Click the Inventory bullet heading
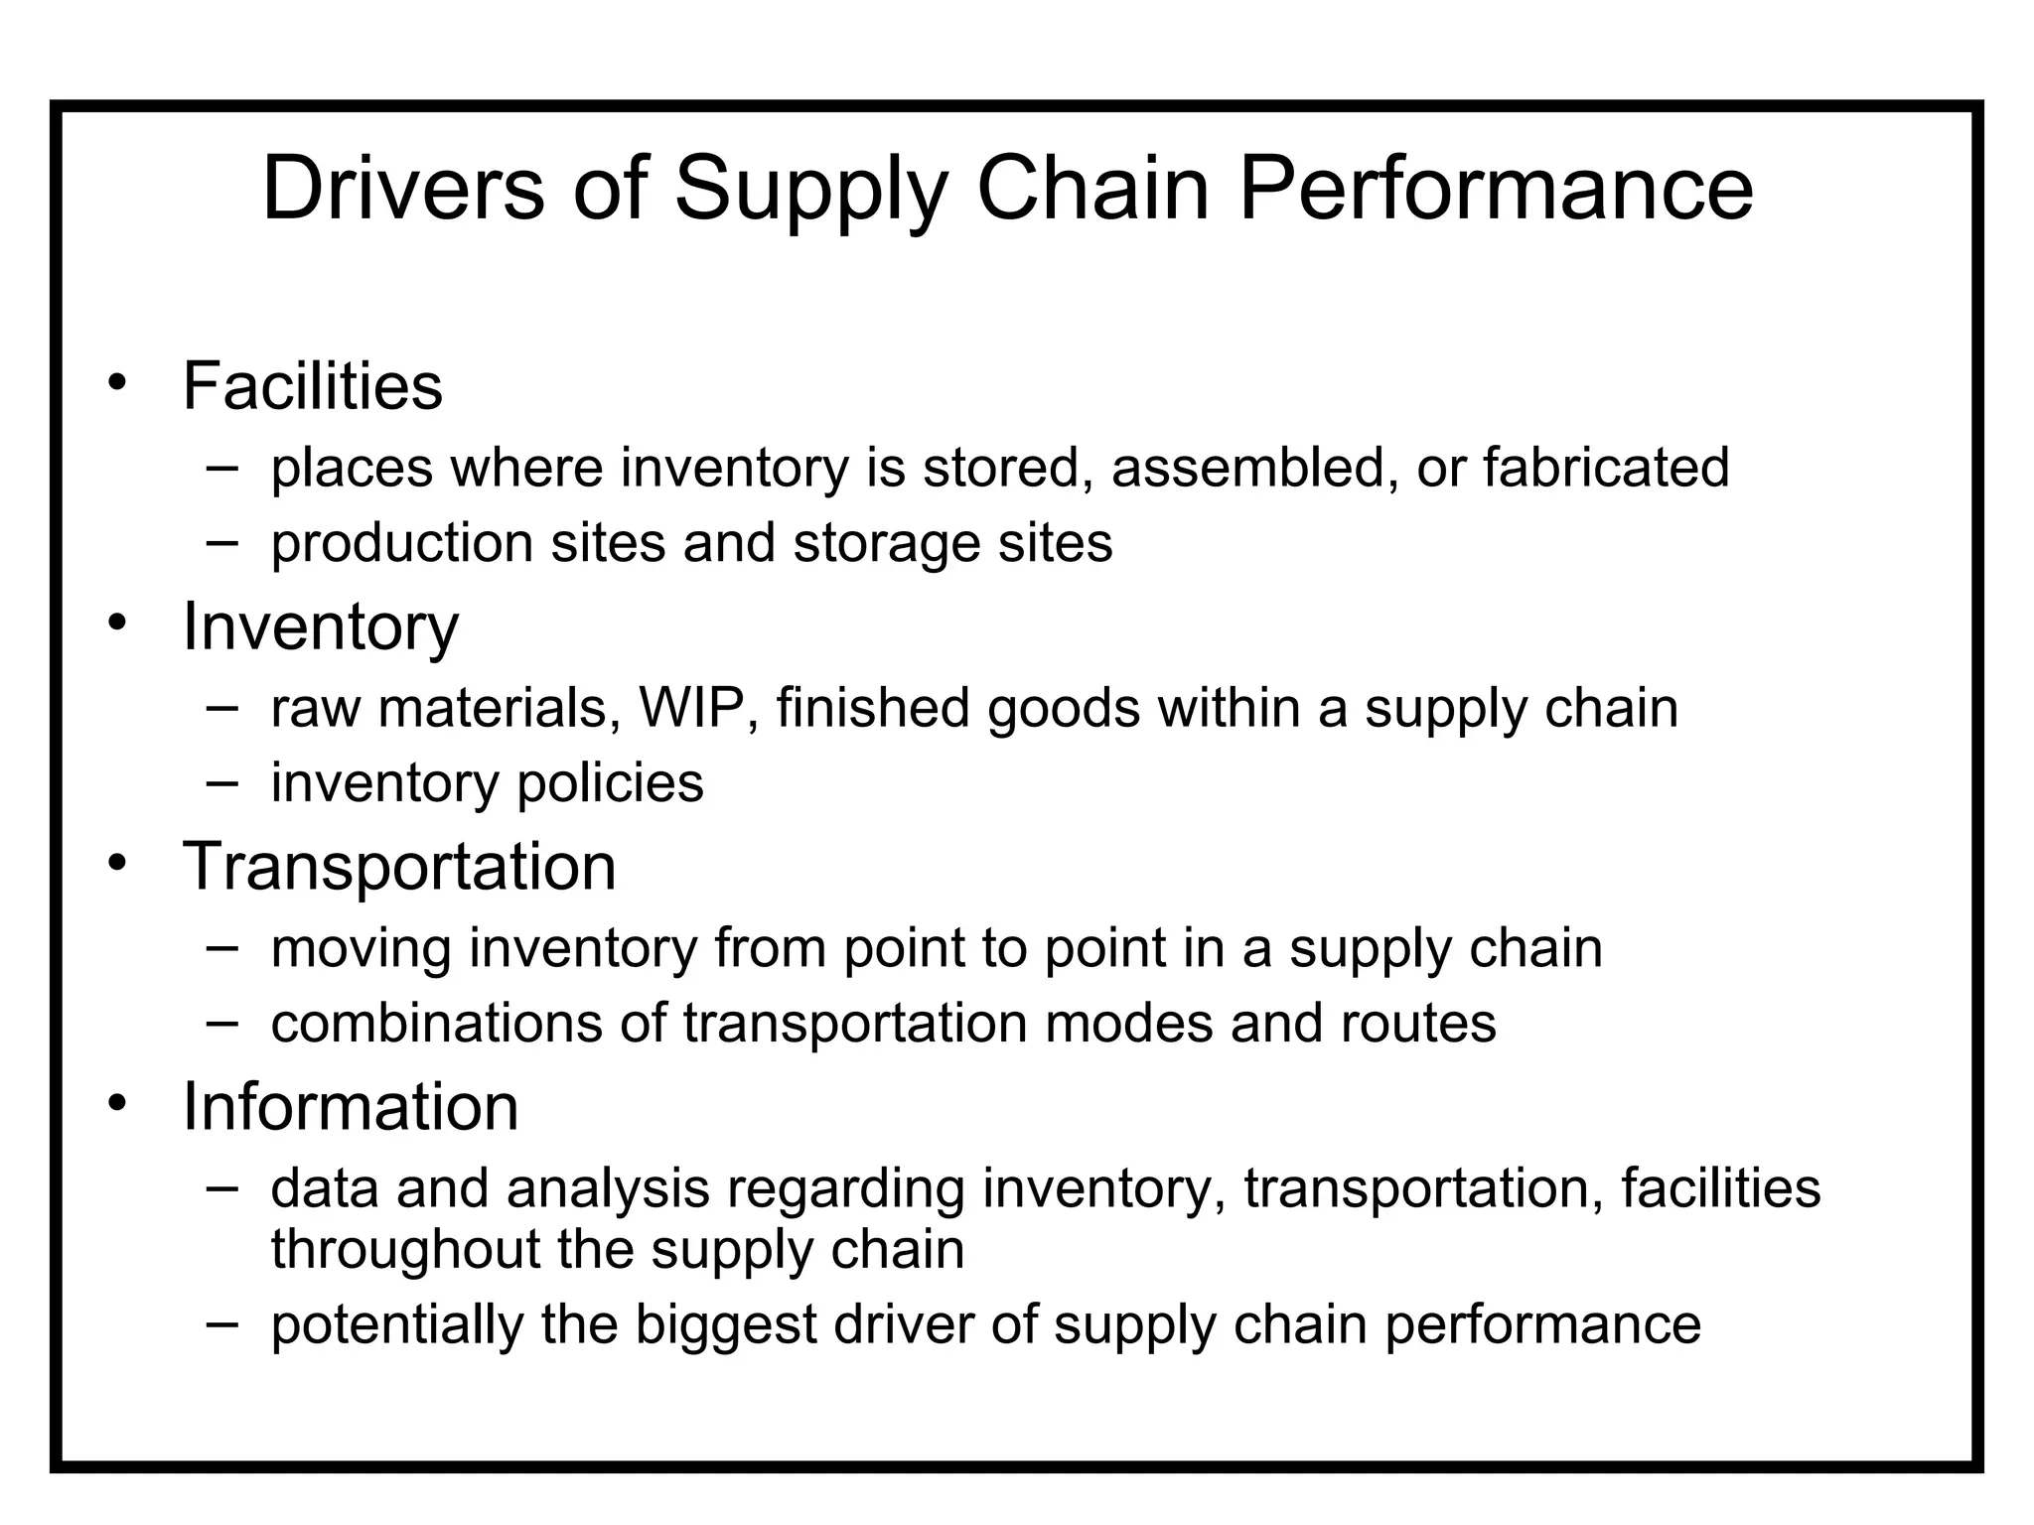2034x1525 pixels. click(321, 627)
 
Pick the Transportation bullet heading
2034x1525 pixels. click(399, 867)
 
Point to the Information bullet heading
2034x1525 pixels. click(351, 1107)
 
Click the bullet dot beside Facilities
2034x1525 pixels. click(118, 383)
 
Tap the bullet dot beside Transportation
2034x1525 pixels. click(118, 864)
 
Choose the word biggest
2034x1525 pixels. click(725, 1325)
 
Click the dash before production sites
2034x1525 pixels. click(222, 542)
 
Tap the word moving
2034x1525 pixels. click(362, 949)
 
